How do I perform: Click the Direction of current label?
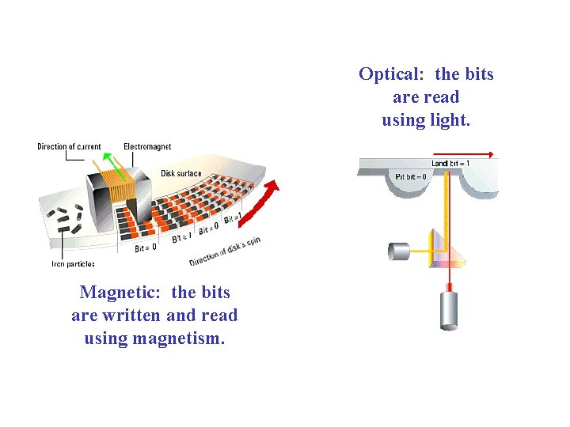point(69,147)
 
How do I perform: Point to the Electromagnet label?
point(147,147)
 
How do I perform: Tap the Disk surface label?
point(181,173)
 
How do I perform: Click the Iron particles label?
point(73,264)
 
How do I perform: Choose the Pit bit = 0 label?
point(411,176)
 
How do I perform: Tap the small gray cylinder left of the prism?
point(399,251)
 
